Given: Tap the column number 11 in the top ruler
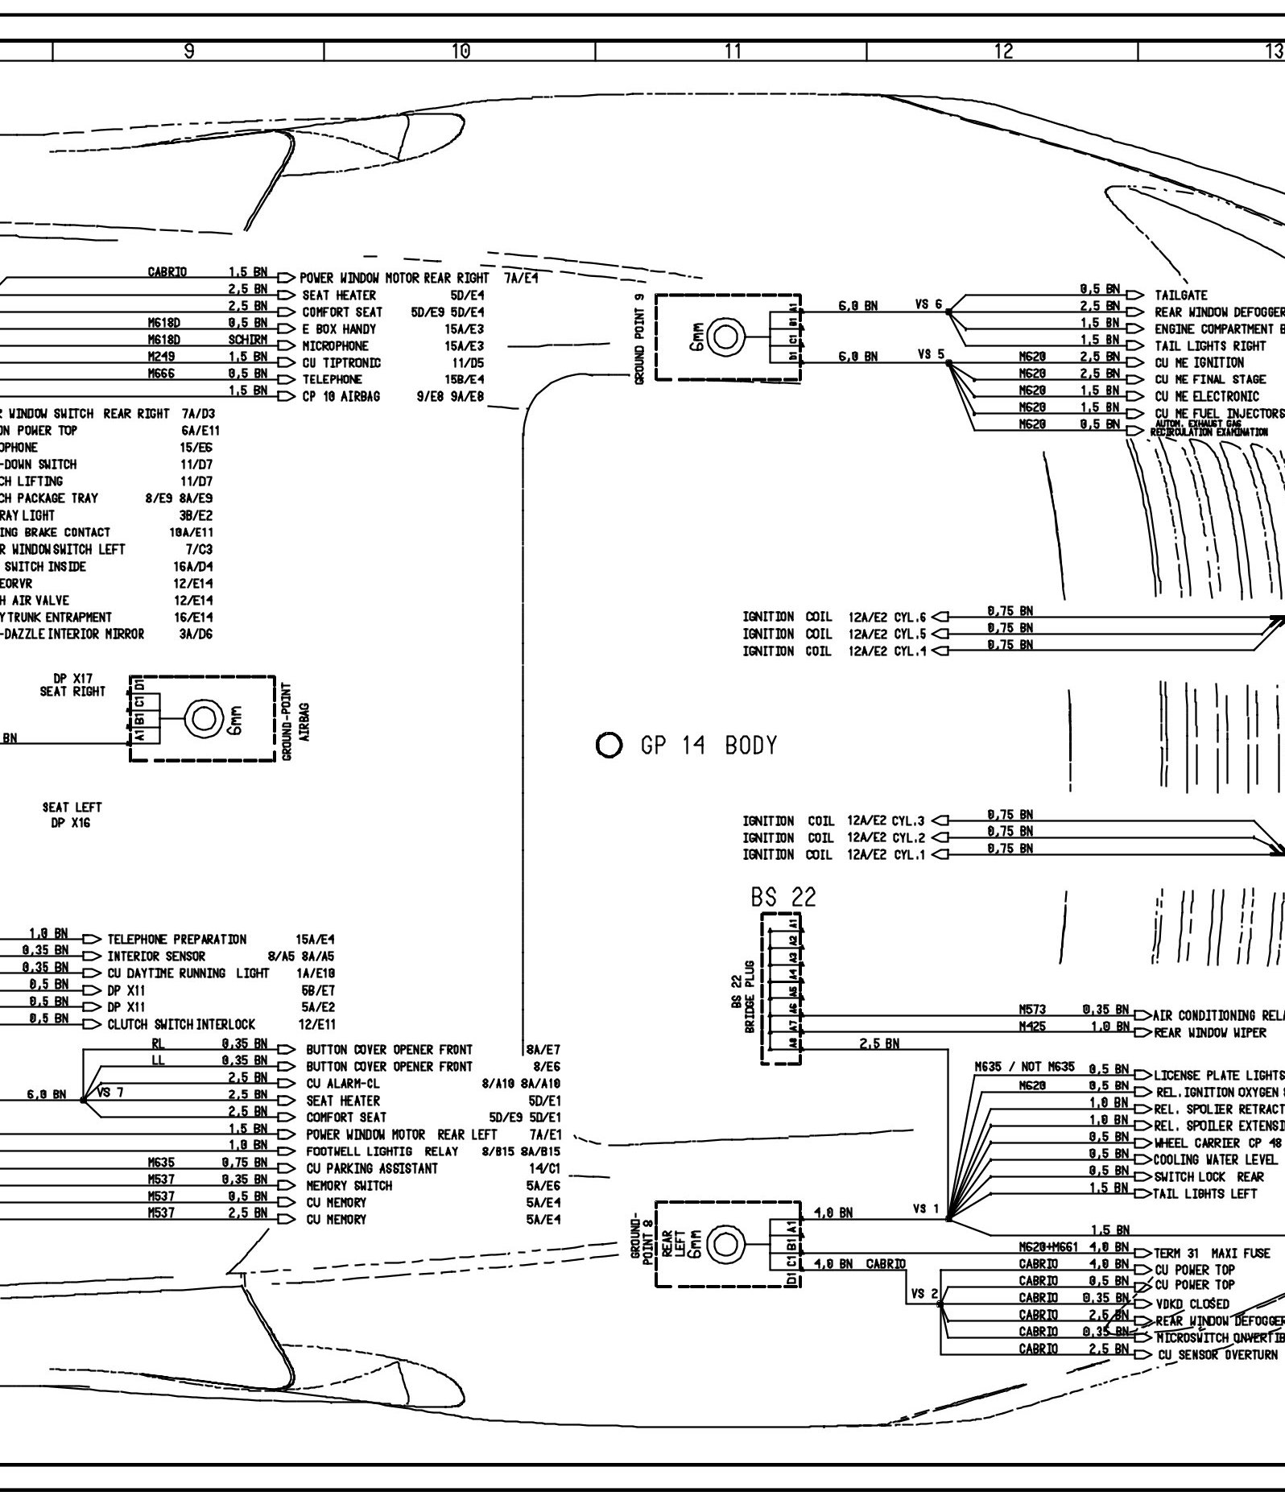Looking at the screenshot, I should click(732, 52).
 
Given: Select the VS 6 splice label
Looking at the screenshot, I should click(928, 305).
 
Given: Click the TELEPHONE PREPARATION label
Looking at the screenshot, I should click(177, 940).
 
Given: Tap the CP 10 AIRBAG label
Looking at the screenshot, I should click(341, 396).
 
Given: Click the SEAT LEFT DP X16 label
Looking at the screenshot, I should click(72, 815).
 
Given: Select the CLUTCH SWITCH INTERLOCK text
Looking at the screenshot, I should click(181, 1025).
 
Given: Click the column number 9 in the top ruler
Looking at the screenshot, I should click(188, 52).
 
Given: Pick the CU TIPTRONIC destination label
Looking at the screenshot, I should click(341, 362).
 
